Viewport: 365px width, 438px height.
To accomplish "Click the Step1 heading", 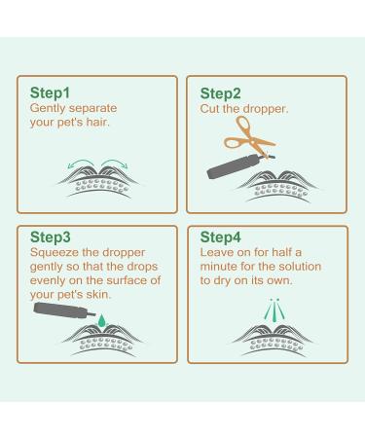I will pyautogui.click(x=52, y=92).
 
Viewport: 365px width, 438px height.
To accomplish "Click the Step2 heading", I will pyautogui.click(x=220, y=92).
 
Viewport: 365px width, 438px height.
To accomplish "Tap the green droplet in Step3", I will pyautogui.click(x=99, y=317).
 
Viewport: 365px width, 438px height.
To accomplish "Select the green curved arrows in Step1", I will pyautogui.click(x=97, y=163).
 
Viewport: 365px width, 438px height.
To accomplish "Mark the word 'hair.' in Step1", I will pyautogui.click(x=110, y=122).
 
